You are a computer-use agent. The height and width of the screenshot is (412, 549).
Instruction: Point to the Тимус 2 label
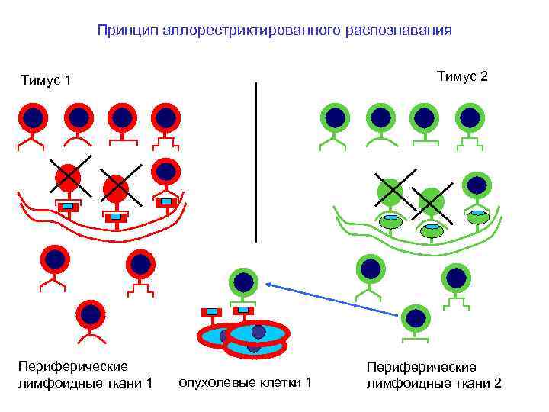462,76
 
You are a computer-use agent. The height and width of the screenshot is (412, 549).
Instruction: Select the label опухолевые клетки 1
245,381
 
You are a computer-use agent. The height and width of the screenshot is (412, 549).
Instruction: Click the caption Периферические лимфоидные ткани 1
85,374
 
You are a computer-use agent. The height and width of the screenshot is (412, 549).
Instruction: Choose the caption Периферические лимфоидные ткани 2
434,375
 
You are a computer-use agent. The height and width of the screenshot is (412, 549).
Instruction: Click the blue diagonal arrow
335,298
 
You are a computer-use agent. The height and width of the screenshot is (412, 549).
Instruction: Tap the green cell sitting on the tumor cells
243,282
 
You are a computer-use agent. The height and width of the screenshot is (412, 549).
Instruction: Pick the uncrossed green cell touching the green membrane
477,185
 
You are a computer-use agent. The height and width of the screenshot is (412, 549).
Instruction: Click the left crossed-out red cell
69,177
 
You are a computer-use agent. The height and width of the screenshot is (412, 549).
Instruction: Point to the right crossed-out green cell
431,201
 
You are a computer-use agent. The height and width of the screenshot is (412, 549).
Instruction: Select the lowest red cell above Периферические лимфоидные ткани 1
91,314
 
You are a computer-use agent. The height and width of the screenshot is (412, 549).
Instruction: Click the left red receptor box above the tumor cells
211,312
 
